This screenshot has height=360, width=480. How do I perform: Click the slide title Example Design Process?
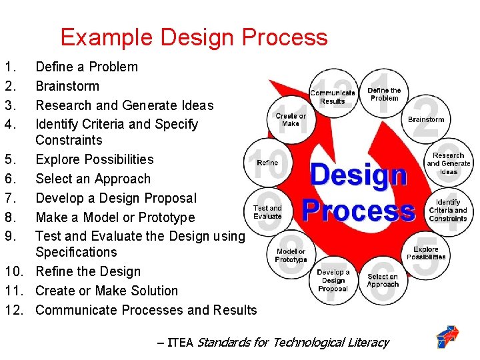click(194, 37)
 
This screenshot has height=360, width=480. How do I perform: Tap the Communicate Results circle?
click(332, 97)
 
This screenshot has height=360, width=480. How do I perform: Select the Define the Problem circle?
click(384, 94)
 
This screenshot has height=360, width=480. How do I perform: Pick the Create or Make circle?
click(291, 119)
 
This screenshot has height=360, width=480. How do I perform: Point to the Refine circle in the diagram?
click(267, 162)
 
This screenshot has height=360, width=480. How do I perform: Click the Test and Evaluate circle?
click(267, 211)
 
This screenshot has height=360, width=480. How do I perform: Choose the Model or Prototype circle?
click(291, 255)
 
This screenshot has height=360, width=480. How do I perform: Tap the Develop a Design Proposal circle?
click(333, 280)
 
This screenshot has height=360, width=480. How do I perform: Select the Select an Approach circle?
click(383, 280)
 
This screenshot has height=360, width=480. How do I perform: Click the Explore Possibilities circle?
click(426, 253)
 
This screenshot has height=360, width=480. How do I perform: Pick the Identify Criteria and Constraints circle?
click(448, 210)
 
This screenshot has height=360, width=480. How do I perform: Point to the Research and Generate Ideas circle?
click(448, 163)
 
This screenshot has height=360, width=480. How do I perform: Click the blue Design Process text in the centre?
click(359, 193)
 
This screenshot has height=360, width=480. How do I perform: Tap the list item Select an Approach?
click(93, 179)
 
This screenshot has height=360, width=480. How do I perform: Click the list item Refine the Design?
click(88, 271)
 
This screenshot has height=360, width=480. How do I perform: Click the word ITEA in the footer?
click(179, 343)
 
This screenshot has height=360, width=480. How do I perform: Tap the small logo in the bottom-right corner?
click(447, 337)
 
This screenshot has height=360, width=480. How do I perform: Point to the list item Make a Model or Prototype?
click(115, 217)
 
